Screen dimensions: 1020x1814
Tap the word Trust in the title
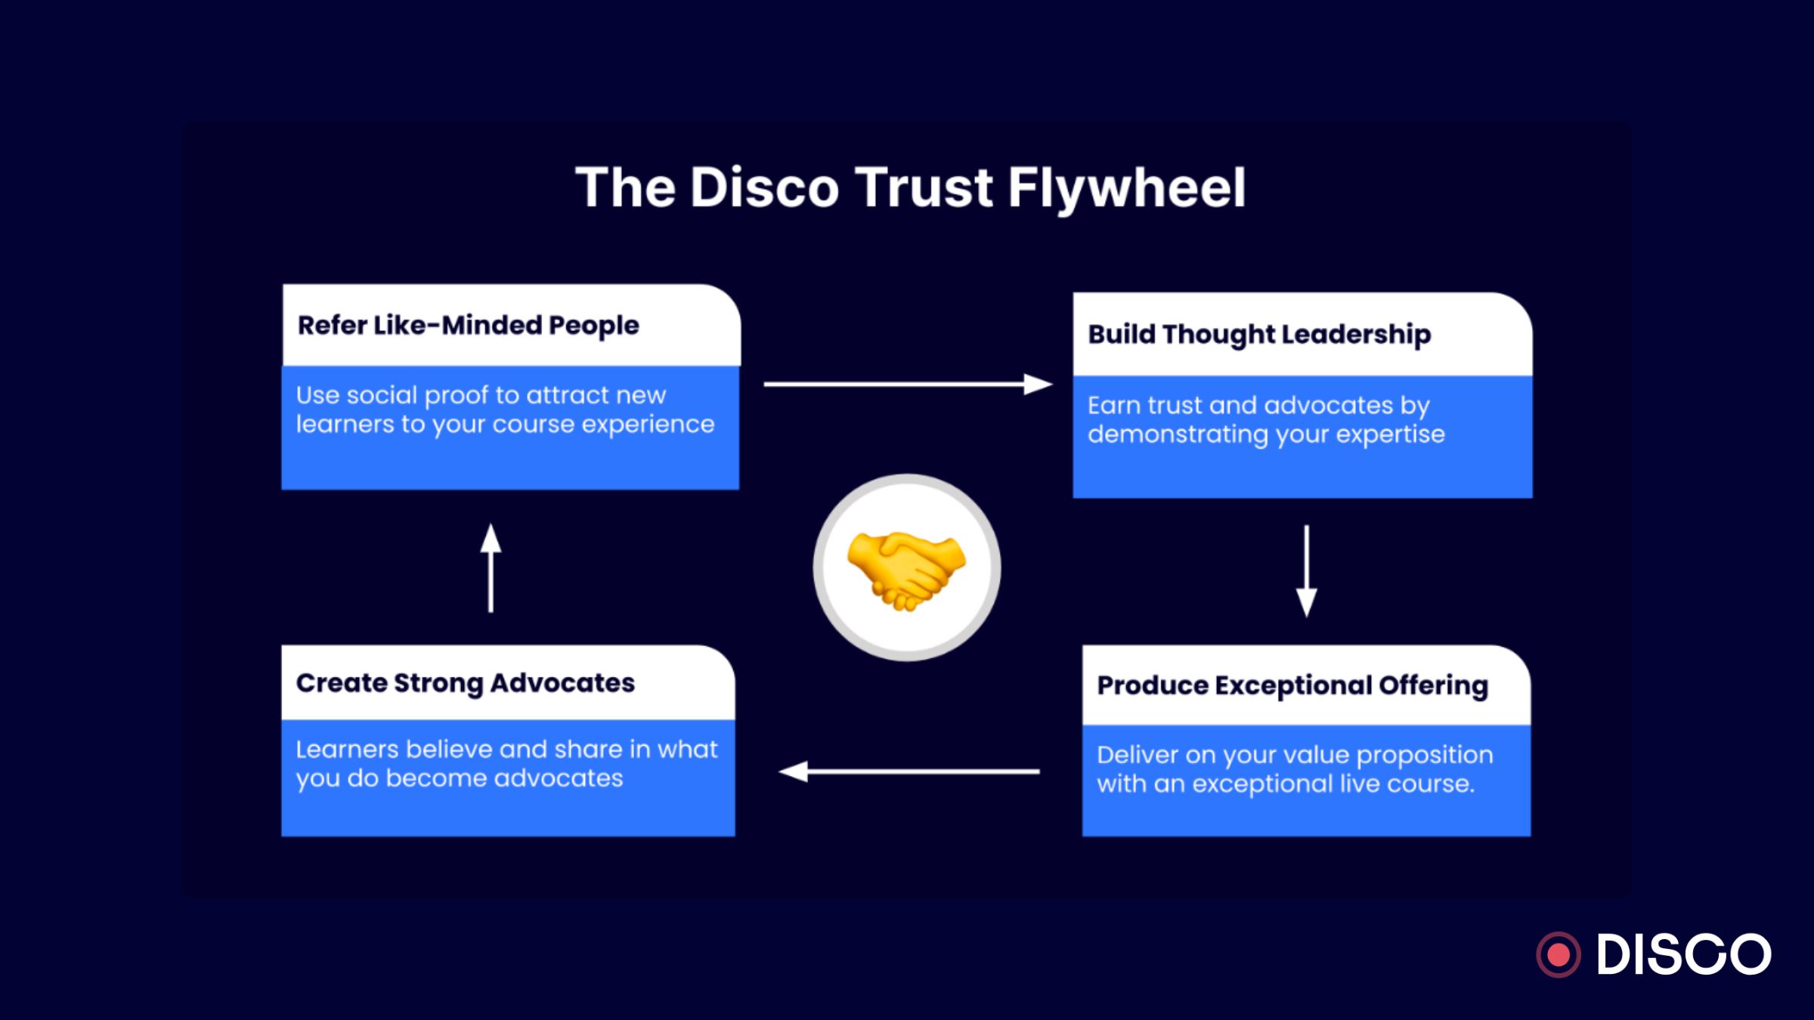point(924,187)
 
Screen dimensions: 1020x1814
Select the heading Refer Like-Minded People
point(468,326)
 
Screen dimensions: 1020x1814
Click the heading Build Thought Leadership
point(1259,335)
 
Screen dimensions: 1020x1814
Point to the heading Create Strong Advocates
point(465,683)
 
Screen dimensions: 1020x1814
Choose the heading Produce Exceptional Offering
point(1292,685)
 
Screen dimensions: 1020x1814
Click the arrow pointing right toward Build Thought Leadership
point(907,385)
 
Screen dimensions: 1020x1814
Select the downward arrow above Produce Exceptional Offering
point(1306,570)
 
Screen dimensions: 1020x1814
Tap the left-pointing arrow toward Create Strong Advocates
point(909,771)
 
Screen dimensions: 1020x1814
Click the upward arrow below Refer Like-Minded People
point(491,568)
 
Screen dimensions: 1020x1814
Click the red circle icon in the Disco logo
point(1558,955)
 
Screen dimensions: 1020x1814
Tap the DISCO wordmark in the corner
point(1683,955)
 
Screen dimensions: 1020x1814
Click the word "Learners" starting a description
point(347,750)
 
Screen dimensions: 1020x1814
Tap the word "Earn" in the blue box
point(1114,406)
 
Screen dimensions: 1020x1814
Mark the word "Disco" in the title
point(764,187)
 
